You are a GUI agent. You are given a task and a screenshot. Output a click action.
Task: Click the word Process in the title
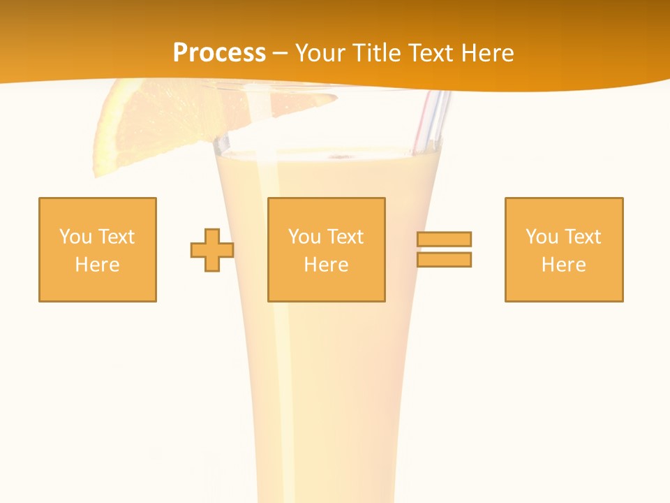click(x=219, y=53)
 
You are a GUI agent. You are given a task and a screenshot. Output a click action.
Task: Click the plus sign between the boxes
click(x=212, y=250)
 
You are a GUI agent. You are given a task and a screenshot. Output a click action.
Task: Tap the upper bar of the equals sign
click(x=444, y=240)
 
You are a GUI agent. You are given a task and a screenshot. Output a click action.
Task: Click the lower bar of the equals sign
click(x=444, y=259)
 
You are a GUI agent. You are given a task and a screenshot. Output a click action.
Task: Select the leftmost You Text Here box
click(x=98, y=249)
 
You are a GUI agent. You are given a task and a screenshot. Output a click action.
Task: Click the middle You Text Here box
click(x=326, y=249)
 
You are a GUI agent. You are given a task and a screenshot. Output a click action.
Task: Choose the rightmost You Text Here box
click(x=564, y=249)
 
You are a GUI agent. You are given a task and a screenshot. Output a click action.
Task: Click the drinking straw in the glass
click(x=431, y=122)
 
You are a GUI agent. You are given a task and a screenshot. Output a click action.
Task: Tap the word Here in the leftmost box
click(x=97, y=265)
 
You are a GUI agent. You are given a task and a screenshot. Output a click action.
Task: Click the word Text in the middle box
click(x=345, y=237)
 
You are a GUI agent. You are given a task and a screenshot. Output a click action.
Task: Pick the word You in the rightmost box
click(x=542, y=237)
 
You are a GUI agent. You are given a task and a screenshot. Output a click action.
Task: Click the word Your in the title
click(x=320, y=53)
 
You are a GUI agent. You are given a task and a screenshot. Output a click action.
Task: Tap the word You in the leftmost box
click(x=75, y=237)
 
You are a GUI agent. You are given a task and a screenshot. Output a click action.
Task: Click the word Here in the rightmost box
click(x=563, y=265)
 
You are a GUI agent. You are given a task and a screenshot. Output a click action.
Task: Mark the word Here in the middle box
click(x=326, y=265)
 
